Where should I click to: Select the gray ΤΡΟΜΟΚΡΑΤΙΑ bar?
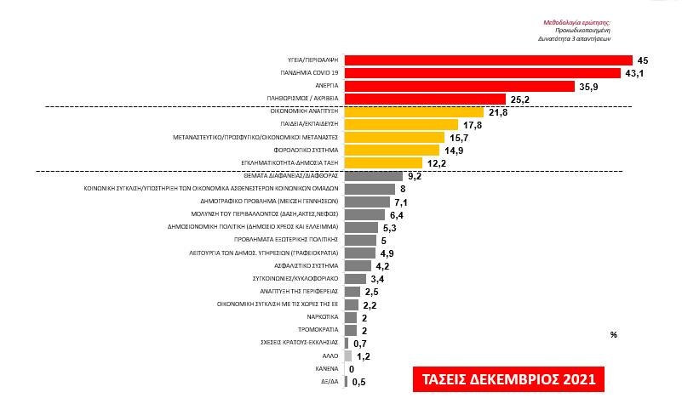pyautogui.click(x=352, y=330)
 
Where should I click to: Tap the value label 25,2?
pyautogui.click(x=522, y=99)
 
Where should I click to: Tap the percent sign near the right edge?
pyautogui.click(x=612, y=336)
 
